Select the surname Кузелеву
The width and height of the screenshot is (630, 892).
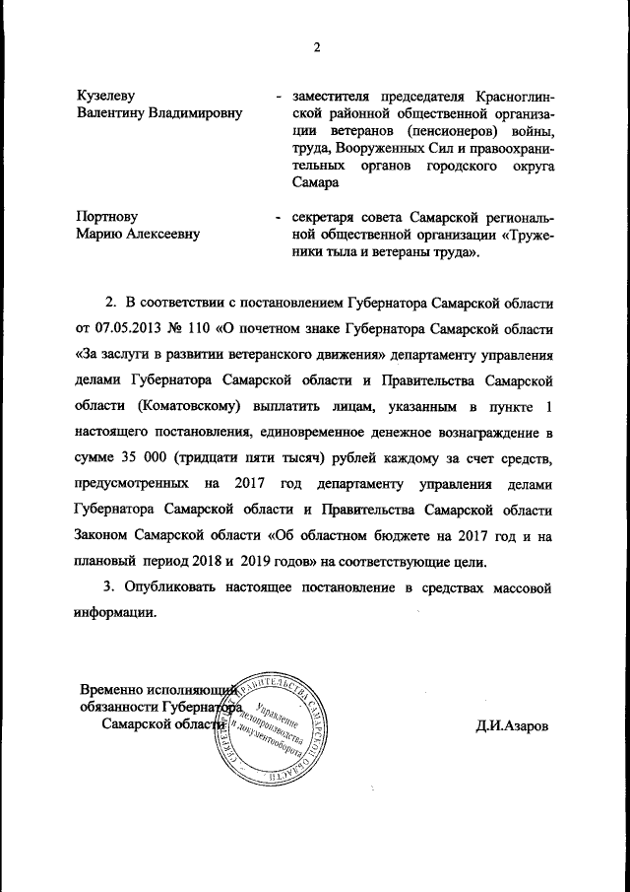tap(105, 95)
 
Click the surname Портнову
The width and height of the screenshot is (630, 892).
tap(107, 216)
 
